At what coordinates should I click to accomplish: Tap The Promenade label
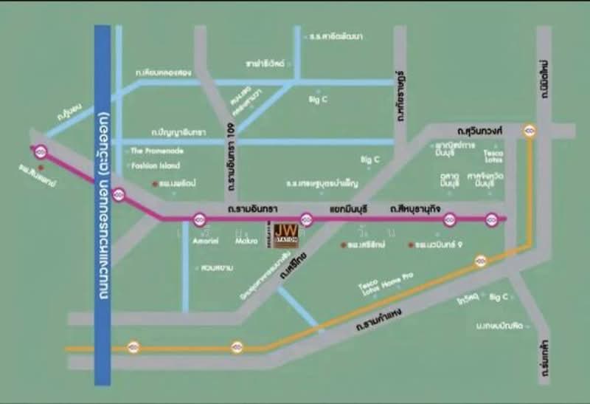(x=156, y=151)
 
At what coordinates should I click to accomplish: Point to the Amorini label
(x=205, y=239)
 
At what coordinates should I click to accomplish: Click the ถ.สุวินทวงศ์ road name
(x=479, y=131)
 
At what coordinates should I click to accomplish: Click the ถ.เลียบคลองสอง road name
(x=163, y=74)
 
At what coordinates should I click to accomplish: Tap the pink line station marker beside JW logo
(x=308, y=219)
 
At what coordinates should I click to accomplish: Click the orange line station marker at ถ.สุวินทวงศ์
(x=530, y=131)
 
